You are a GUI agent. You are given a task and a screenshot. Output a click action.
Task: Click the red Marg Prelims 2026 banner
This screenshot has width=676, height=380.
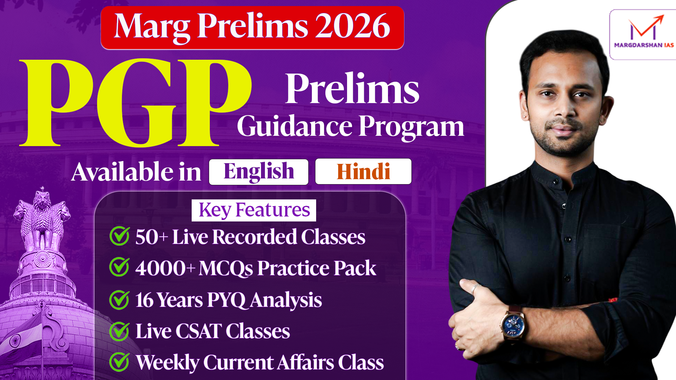(x=252, y=28)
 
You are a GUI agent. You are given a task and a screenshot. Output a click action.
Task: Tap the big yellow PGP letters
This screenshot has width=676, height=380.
(x=135, y=103)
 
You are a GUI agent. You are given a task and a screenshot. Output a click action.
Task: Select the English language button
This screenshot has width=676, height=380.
(x=259, y=172)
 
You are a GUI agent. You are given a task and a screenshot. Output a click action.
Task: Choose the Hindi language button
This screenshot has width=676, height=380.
(x=363, y=172)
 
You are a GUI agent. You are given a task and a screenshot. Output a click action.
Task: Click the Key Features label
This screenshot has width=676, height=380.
(x=254, y=210)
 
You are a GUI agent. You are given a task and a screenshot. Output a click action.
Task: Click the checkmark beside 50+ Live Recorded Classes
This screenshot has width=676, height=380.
(x=119, y=236)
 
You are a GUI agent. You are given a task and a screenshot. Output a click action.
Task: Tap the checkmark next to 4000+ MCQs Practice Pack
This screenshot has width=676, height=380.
(x=119, y=267)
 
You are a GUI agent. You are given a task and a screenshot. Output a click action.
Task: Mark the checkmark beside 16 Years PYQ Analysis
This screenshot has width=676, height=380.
(x=119, y=300)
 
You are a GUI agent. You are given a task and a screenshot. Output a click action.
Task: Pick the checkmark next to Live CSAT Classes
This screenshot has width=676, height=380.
(x=119, y=331)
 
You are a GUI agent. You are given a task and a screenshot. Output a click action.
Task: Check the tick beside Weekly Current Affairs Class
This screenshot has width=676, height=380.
(x=119, y=362)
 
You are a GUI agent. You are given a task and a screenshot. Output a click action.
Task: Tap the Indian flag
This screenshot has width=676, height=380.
(x=21, y=336)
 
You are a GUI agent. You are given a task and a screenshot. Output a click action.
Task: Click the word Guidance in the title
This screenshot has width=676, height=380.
(x=295, y=126)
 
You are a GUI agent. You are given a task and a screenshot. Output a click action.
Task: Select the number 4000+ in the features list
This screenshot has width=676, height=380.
(x=165, y=268)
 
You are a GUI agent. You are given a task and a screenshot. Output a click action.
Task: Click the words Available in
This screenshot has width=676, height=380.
(x=136, y=172)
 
